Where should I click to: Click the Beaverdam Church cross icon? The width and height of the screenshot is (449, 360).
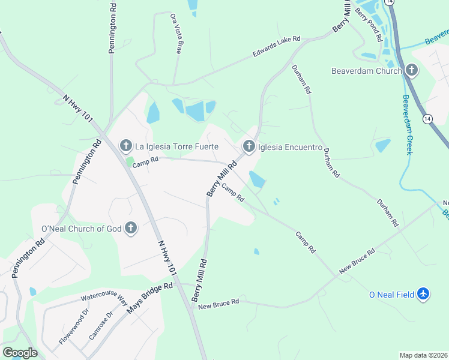click(412, 70)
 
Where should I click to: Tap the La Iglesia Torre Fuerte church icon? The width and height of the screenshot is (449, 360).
click(125, 146)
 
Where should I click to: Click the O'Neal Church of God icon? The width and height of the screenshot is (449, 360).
click(131, 227)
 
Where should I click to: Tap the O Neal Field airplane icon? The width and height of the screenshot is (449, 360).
click(424, 294)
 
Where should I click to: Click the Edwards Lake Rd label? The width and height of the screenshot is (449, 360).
click(276, 47)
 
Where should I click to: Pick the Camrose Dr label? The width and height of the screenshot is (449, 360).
click(101, 326)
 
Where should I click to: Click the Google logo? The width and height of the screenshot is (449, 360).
click(20, 353)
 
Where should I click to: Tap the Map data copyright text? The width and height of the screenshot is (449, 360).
click(424, 355)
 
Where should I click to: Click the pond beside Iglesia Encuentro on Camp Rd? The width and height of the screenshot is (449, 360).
click(257, 179)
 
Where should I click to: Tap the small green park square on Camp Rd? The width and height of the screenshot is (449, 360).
click(130, 161)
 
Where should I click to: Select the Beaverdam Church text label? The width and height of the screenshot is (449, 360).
click(366, 71)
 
